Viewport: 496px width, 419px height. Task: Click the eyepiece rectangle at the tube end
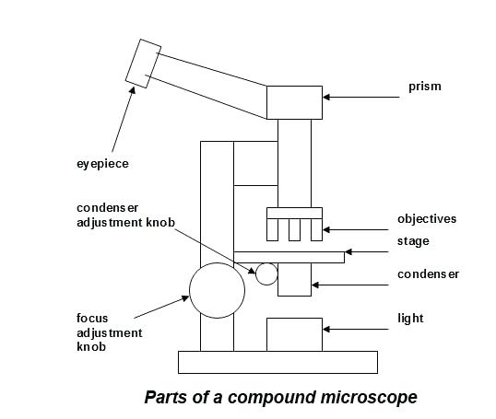pyautogui.click(x=144, y=64)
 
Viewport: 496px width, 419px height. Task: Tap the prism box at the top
pyautogui.click(x=294, y=102)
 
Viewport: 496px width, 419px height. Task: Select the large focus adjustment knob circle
pyautogui.click(x=218, y=288)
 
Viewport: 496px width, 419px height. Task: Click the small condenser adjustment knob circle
pyautogui.click(x=266, y=274)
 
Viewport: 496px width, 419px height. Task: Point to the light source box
pyautogui.click(x=294, y=333)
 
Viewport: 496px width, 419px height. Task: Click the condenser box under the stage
pyautogui.click(x=294, y=279)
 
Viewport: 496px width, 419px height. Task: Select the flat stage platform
pyautogui.click(x=289, y=256)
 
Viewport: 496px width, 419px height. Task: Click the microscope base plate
pyautogui.click(x=277, y=362)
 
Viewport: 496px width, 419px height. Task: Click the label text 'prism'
pyautogui.click(x=425, y=87)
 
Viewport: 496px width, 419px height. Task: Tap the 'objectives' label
pyautogui.click(x=427, y=219)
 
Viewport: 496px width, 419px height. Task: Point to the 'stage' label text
pyautogui.click(x=413, y=241)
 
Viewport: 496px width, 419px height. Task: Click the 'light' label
pyautogui.click(x=410, y=319)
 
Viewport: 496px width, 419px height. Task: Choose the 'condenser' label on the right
pyautogui.click(x=428, y=274)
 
